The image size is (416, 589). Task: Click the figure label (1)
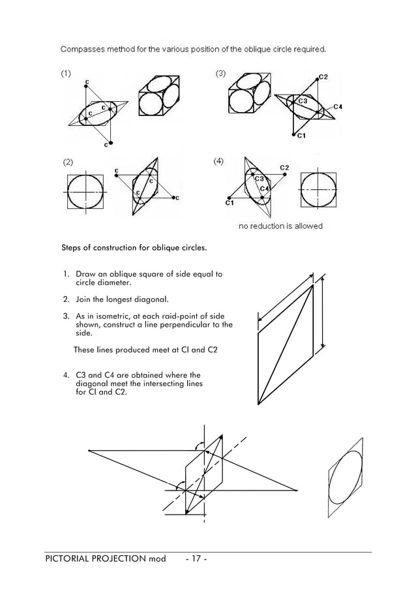(x=67, y=74)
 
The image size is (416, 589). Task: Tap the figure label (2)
(x=68, y=161)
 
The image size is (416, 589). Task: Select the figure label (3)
(x=221, y=74)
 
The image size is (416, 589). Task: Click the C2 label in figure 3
(x=323, y=77)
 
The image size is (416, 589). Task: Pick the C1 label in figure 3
(x=299, y=136)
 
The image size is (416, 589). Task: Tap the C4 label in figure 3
(x=338, y=106)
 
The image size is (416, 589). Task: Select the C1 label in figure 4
(x=229, y=204)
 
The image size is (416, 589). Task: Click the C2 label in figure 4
(x=284, y=168)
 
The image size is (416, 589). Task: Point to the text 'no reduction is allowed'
(x=280, y=226)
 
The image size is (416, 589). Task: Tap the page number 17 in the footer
(x=196, y=559)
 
